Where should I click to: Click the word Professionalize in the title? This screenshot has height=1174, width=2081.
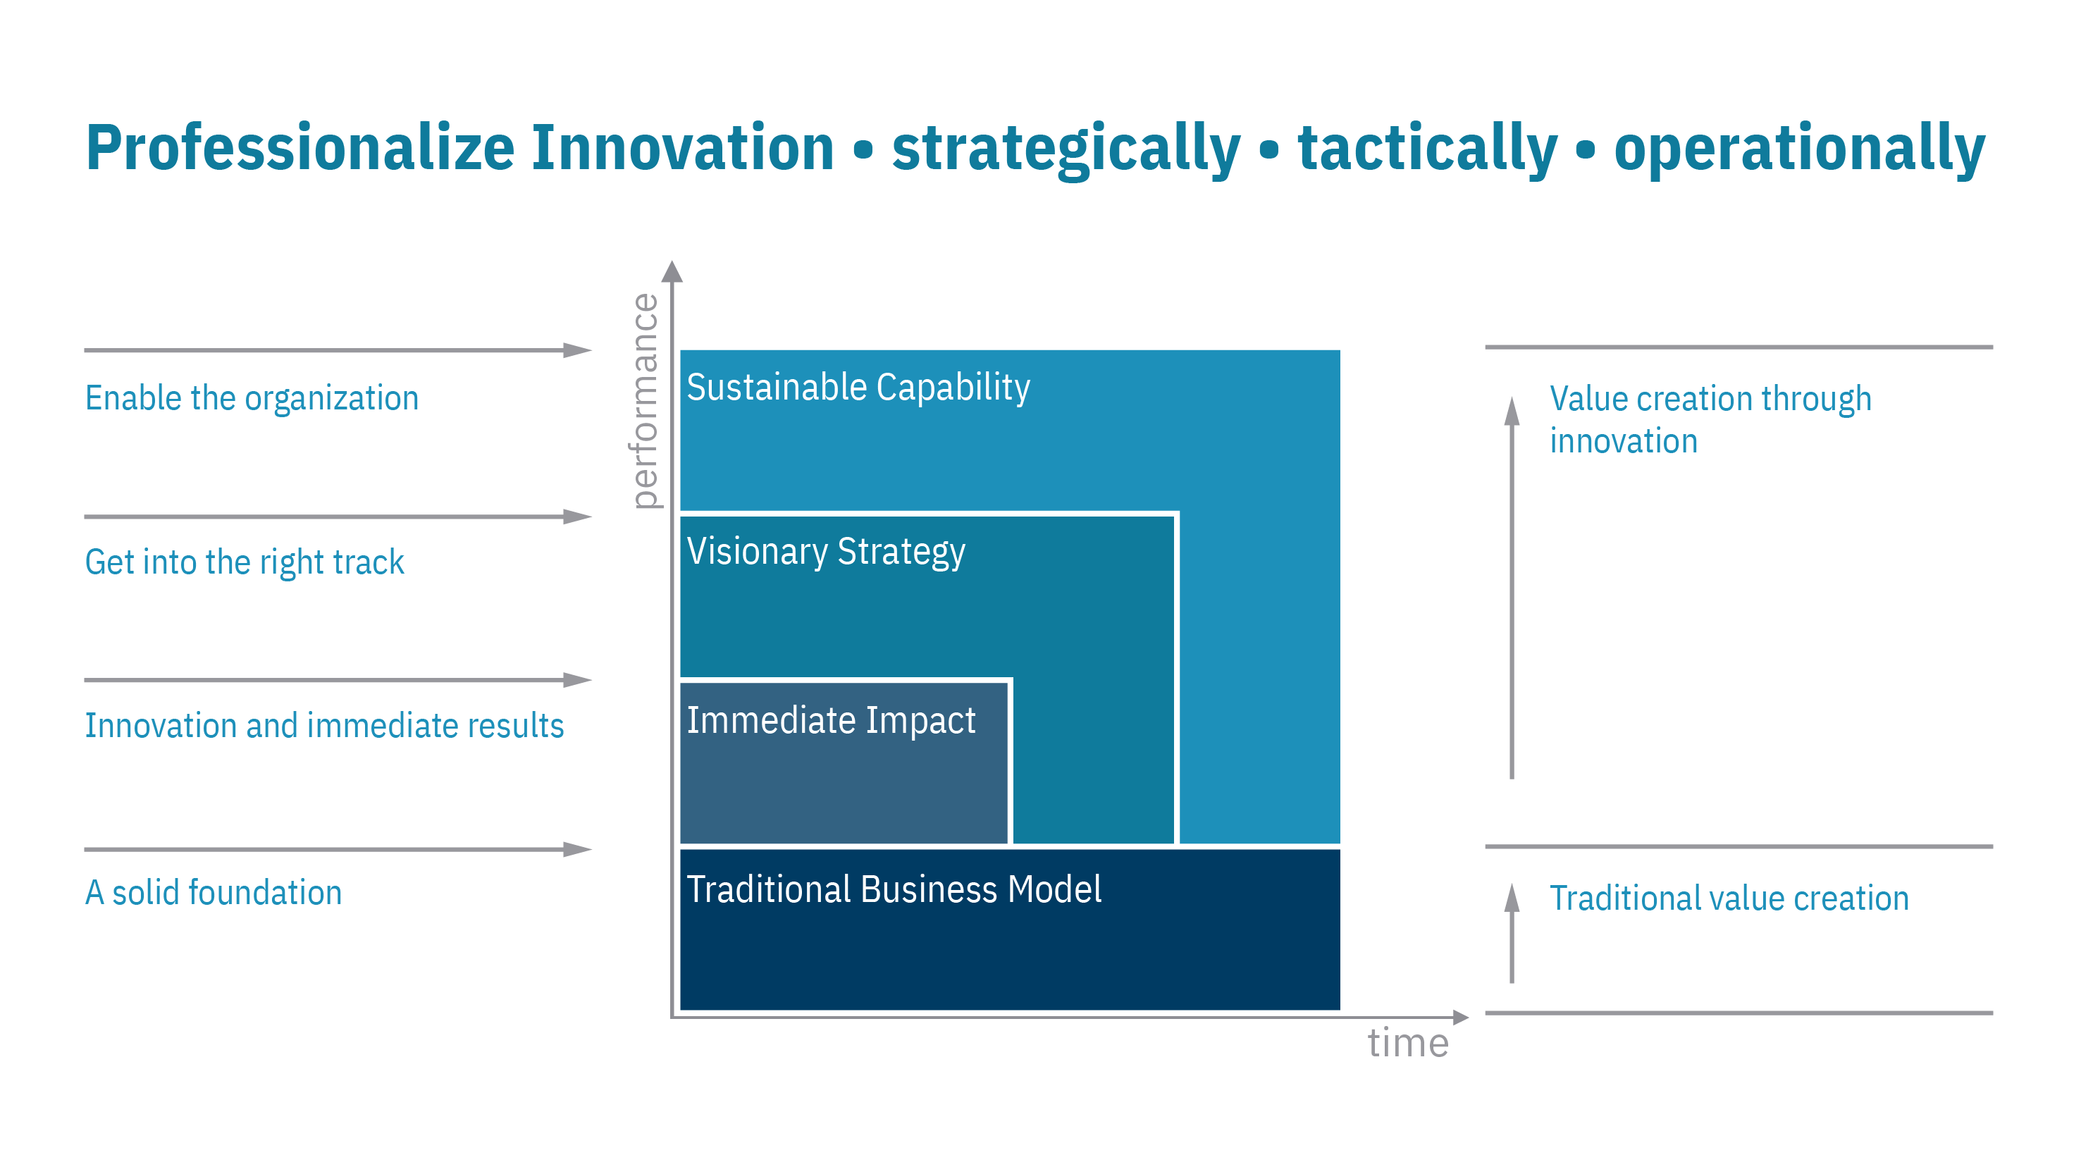pos(300,148)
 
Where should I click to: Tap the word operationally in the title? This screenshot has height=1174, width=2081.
pos(1799,149)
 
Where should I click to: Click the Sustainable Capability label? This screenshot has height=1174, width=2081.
pos(858,387)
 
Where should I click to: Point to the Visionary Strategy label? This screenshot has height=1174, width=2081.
pos(826,552)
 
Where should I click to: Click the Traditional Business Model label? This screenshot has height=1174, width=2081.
pos(894,889)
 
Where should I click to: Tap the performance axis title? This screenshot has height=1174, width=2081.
pos(645,401)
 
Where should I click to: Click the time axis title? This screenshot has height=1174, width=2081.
pos(1407,1042)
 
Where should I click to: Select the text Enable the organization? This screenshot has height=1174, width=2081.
pos(252,398)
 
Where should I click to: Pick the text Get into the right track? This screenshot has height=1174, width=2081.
pos(244,562)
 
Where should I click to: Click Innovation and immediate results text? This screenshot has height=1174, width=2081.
pos(324,726)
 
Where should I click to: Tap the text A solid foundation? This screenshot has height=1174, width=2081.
pos(214,893)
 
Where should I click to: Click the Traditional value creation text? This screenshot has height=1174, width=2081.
pos(1729,898)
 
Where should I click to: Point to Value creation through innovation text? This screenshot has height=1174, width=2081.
pos(1710,419)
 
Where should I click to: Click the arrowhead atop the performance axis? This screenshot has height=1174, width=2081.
pos(672,272)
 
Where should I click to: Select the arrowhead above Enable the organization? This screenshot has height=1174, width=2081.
pos(578,351)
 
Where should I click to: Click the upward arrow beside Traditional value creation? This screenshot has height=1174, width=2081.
pos(1512,933)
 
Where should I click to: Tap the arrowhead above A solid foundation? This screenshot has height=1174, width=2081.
pos(578,849)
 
